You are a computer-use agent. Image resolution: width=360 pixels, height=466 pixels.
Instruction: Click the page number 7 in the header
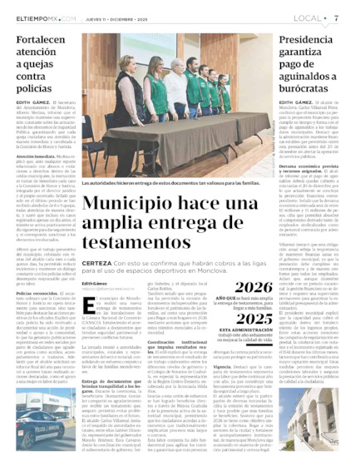coord(336,17)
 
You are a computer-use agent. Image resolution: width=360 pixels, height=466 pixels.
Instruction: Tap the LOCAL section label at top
coord(308,17)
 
